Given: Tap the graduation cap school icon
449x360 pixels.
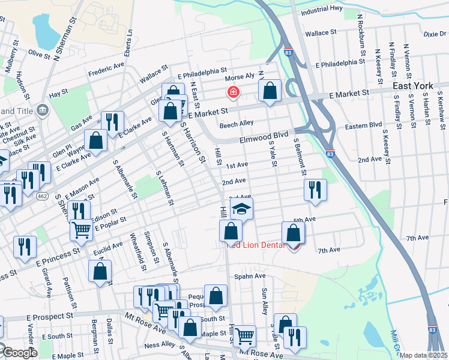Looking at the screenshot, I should pyautogui.click(x=241, y=209).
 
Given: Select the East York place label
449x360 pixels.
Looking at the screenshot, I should pyautogui.click(x=413, y=86).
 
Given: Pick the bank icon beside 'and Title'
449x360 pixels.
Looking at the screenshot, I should pyautogui.click(x=43, y=110).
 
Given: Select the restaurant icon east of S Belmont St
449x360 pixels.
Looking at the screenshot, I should pyautogui.click(x=315, y=190).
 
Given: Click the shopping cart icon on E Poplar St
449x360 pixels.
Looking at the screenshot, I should pyautogui.click(x=82, y=229).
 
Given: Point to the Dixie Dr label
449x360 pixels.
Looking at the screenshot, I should pyautogui.click(x=435, y=34).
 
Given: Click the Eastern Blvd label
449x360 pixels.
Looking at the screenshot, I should pyautogui.click(x=363, y=125).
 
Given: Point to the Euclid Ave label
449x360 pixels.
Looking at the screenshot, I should pyautogui.click(x=108, y=246).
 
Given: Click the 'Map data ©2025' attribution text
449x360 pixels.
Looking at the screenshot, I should pyautogui.click(x=423, y=355).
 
